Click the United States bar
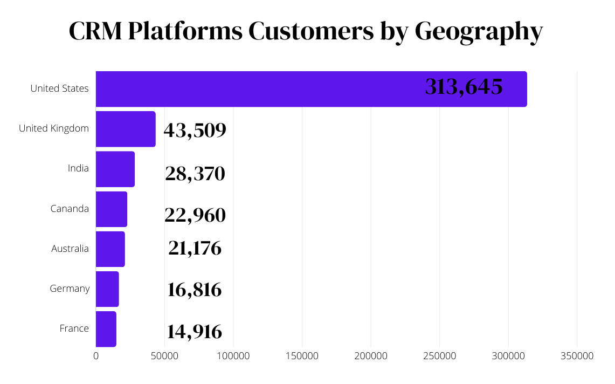311,89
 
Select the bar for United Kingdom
126,129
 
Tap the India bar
115,169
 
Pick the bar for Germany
107,289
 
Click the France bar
106,329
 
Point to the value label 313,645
464,87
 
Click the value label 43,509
195,130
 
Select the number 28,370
195,174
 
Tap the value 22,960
195,215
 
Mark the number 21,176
195,248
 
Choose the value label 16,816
195,290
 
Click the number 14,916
195,331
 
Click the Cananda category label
70,209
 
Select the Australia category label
70,249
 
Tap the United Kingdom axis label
54,128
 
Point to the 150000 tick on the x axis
302,356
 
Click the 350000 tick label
577,356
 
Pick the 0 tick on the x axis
96,356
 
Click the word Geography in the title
478,31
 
